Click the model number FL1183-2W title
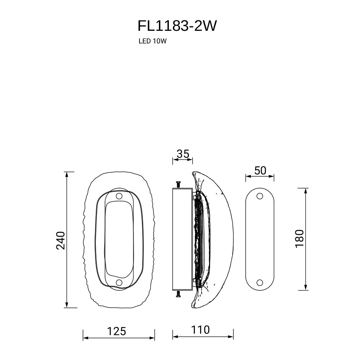pos(177,26)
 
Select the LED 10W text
pos(153,41)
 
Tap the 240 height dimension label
pos(61,240)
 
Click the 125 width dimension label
pos(117,331)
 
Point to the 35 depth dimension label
pos(183,154)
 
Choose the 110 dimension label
pos(200,330)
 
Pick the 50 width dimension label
pos(260,170)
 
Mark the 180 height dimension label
pos(300,238)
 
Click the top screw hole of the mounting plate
pos(260,196)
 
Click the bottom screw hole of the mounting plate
pos(260,282)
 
